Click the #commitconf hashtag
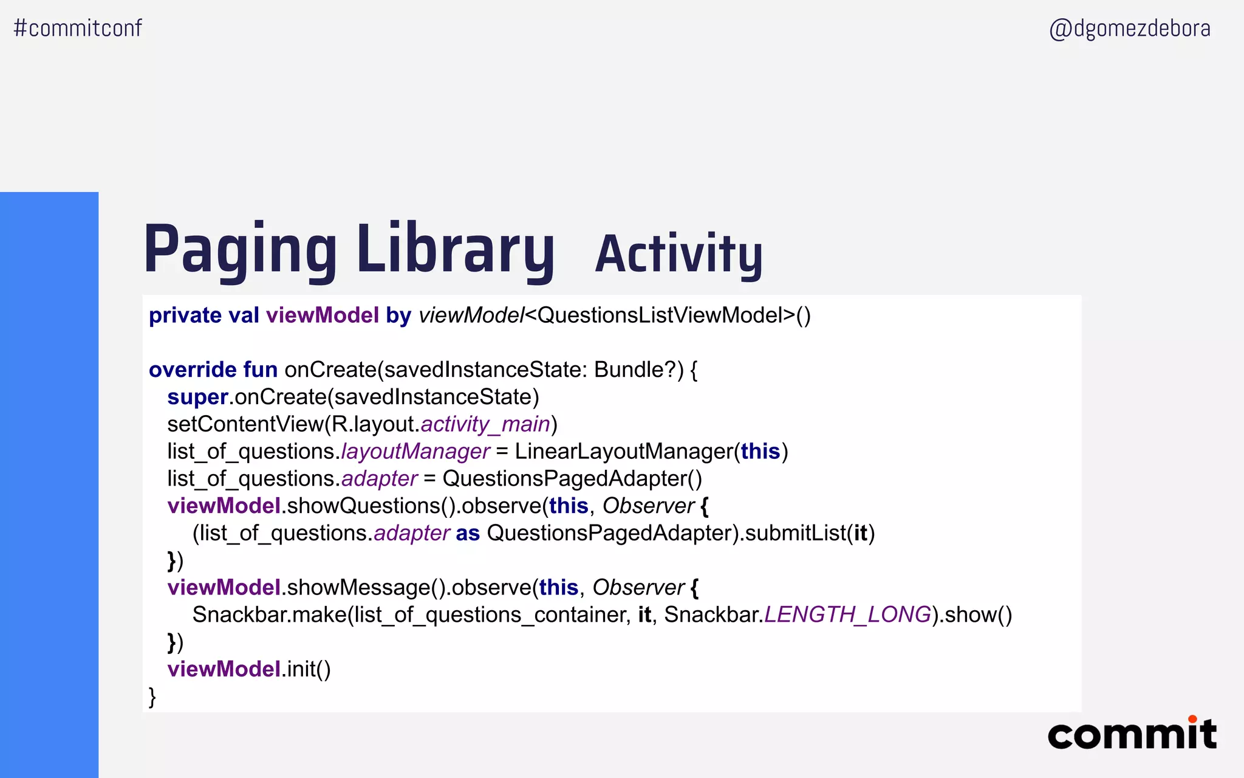click(x=78, y=28)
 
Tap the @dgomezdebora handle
click(x=1130, y=29)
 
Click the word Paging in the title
click(x=239, y=249)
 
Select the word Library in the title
click(x=456, y=249)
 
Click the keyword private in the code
click(x=185, y=315)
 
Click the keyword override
click(x=193, y=370)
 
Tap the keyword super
click(x=197, y=397)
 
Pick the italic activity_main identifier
click(x=485, y=424)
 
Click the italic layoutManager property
click(x=415, y=452)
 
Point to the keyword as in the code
click(x=468, y=533)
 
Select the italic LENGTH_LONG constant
click(x=847, y=615)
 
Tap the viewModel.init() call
click(x=249, y=669)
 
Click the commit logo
click(x=1132, y=734)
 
